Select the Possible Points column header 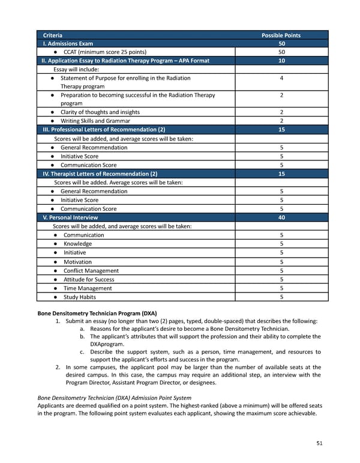(281, 35)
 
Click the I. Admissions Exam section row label (67, 44)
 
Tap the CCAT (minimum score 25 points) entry (105, 52)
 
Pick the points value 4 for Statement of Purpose (281, 78)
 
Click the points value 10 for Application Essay (281, 61)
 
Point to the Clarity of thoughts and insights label (100, 112)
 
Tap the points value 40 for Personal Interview (281, 217)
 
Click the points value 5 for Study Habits (281, 297)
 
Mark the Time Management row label (88, 288)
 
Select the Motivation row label (77, 262)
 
